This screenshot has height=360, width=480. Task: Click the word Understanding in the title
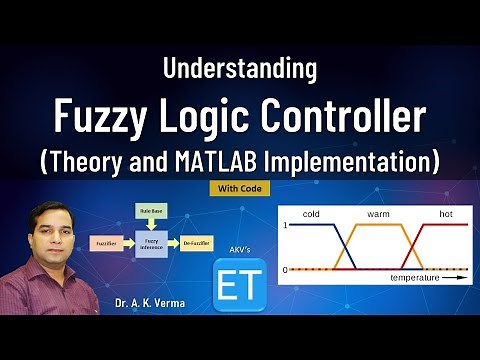click(239, 69)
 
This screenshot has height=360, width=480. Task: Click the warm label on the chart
click(379, 214)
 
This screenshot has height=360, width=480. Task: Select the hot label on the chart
click(446, 214)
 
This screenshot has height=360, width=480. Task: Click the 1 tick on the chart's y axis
click(286, 226)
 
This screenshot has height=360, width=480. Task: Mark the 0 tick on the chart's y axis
click(286, 270)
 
